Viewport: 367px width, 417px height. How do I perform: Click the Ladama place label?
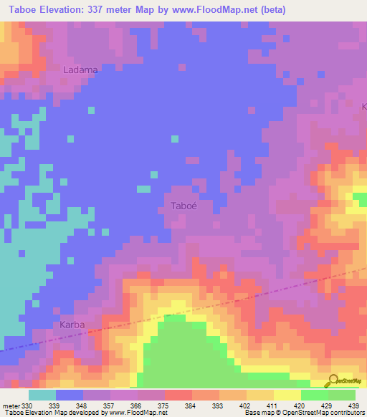click(80, 70)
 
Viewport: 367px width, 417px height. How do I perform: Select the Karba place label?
click(72, 325)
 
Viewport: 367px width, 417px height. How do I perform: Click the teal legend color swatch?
click(42, 395)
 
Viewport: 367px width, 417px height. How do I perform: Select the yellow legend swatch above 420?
click(287, 395)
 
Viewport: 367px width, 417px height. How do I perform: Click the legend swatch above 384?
click(178, 395)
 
